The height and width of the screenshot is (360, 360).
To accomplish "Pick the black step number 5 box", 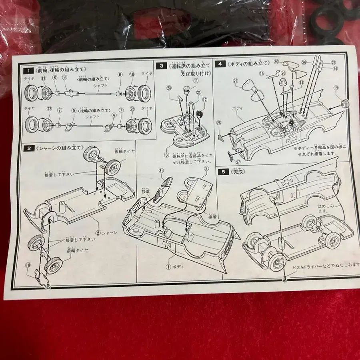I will tap(223, 172).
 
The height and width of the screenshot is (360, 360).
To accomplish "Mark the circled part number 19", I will tap(336, 88).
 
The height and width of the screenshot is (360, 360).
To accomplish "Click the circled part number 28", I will tap(219, 123).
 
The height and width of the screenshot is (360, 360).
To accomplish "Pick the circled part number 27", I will tap(238, 162).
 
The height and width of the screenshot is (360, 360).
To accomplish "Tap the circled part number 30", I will tap(276, 62).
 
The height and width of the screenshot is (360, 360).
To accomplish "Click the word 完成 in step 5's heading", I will tap(239, 172).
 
